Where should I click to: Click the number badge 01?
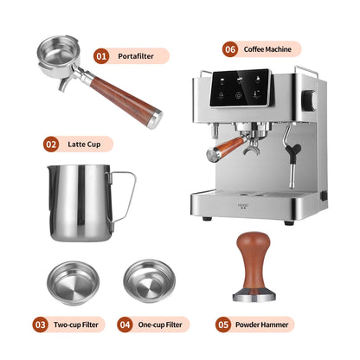pyautogui.click(x=101, y=56)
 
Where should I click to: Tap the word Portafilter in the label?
pyautogui.click(x=137, y=56)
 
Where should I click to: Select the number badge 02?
pyautogui.click(x=51, y=145)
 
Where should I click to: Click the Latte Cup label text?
pyautogui.click(x=86, y=145)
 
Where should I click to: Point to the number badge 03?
pyautogui.click(x=41, y=325)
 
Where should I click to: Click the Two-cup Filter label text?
pyautogui.click(x=77, y=325)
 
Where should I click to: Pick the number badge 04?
pyautogui.click(x=125, y=325)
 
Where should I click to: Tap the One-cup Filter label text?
pyautogui.click(x=162, y=325)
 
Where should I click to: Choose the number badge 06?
pyautogui.click(x=230, y=49)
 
